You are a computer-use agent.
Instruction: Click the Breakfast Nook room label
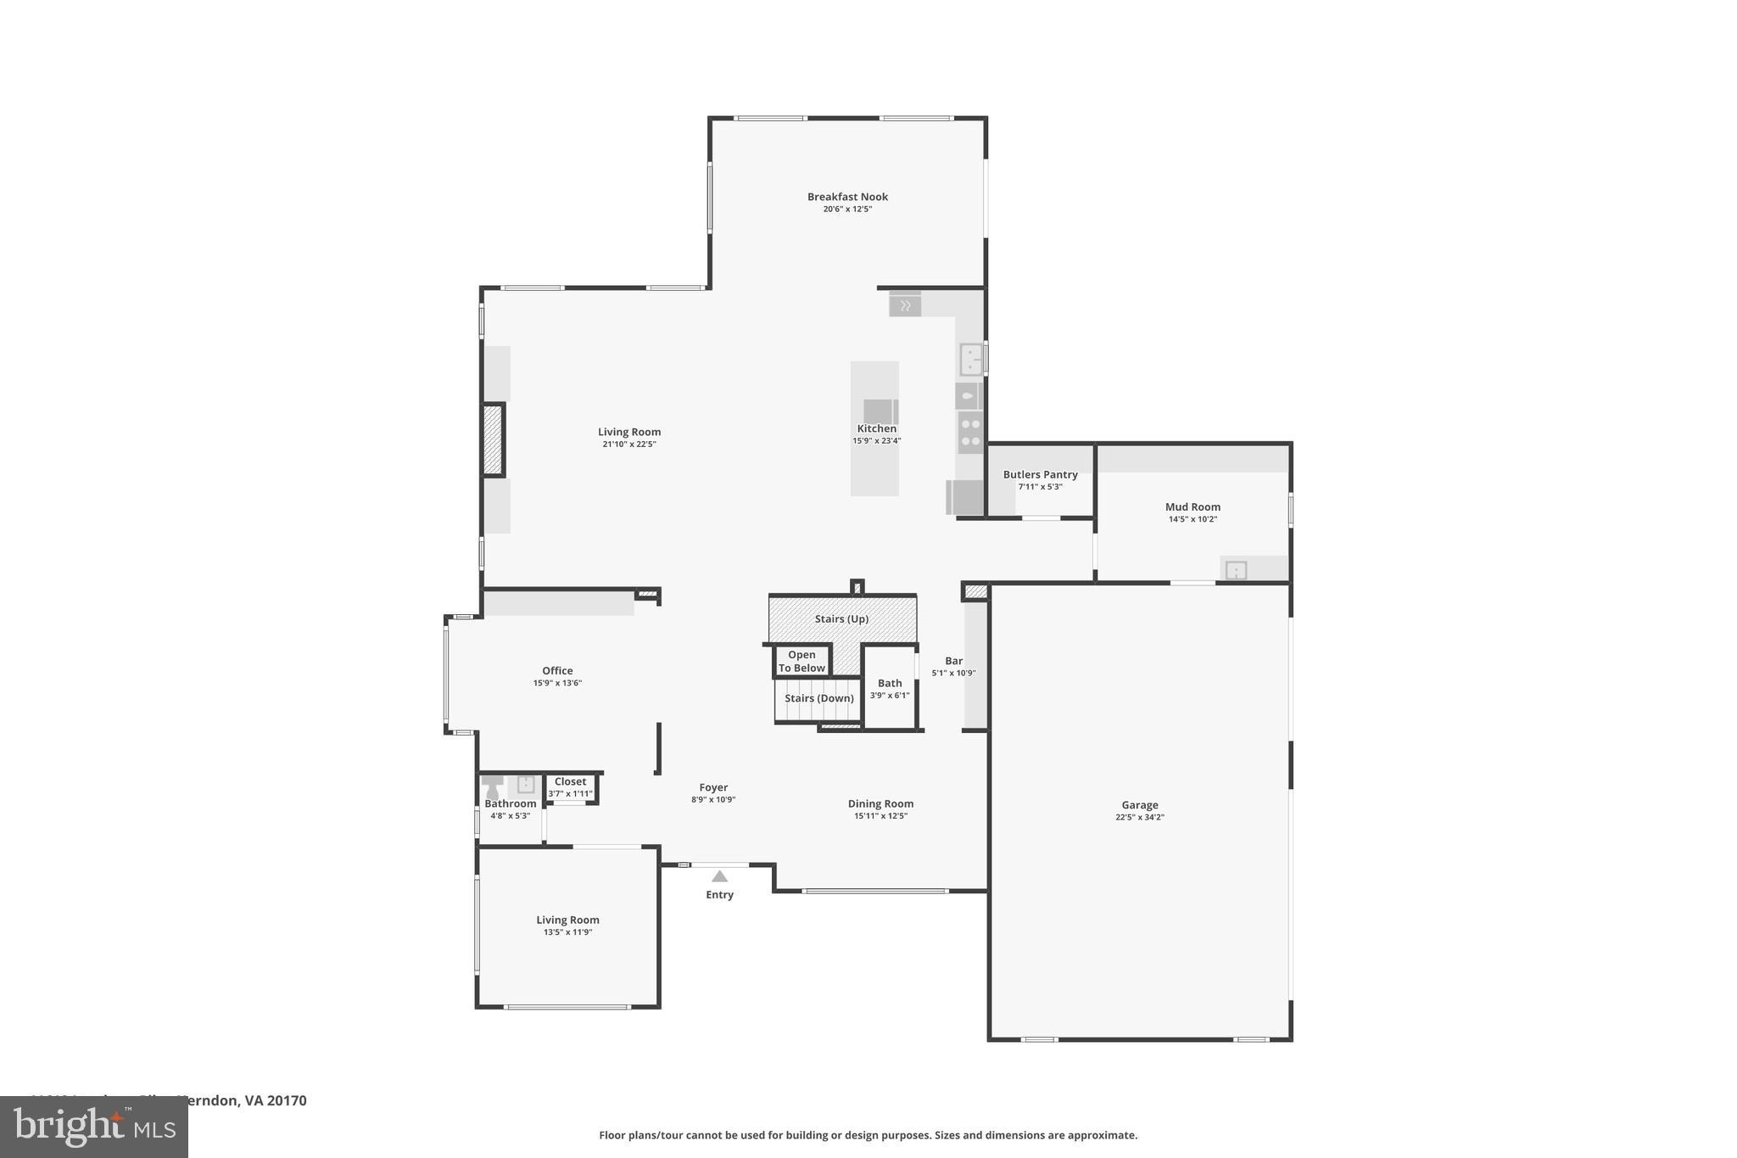[x=847, y=197]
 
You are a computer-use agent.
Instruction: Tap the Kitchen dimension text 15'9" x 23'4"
[x=876, y=440]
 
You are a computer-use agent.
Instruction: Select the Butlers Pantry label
[x=1040, y=475]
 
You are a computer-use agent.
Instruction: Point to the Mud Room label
[x=1192, y=507]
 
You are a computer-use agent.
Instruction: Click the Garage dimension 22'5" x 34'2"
[x=1139, y=817]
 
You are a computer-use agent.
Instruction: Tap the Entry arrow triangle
[x=719, y=876]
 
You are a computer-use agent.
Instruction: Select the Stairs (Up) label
[x=841, y=619]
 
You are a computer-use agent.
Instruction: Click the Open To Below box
[x=801, y=662]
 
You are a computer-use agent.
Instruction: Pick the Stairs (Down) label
[x=818, y=698]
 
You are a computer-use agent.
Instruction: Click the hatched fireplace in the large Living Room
[x=493, y=439]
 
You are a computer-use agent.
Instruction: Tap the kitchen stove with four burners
[x=970, y=433]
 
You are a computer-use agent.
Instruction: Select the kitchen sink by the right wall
[x=970, y=359]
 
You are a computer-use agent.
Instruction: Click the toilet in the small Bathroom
[x=492, y=786]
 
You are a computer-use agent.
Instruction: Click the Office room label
[x=557, y=671]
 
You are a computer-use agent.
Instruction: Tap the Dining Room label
[x=880, y=804]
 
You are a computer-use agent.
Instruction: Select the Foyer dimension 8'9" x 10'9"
[x=712, y=799]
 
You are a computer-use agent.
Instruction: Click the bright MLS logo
[x=94, y=1127]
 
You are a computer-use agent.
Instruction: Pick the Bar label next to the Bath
[x=953, y=661]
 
